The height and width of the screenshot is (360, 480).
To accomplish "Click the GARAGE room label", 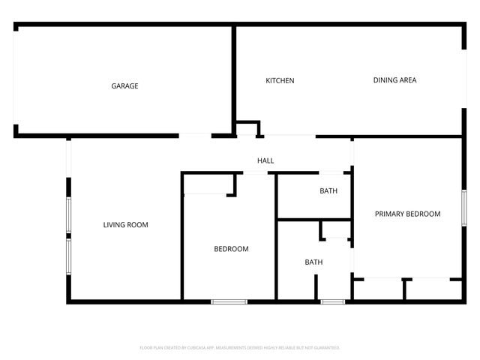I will tap(124, 86).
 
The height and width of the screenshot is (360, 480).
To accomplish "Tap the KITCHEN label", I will tap(280, 81).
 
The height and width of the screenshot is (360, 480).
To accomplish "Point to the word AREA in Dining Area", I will tap(407, 80).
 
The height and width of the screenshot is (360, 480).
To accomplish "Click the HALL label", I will tap(265, 160).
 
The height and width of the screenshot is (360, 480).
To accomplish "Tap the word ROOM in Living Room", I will tap(139, 225).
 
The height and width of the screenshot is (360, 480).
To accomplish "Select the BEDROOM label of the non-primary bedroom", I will tap(231, 249).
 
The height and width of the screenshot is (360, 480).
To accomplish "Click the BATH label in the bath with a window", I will tap(313, 262).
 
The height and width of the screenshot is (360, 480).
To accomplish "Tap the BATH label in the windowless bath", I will tap(328, 191).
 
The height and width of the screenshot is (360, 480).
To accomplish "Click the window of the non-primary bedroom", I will tap(229, 302).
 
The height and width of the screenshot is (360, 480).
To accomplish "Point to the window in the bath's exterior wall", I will tap(332, 302).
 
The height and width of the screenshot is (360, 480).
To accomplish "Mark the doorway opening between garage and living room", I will tap(195, 136).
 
